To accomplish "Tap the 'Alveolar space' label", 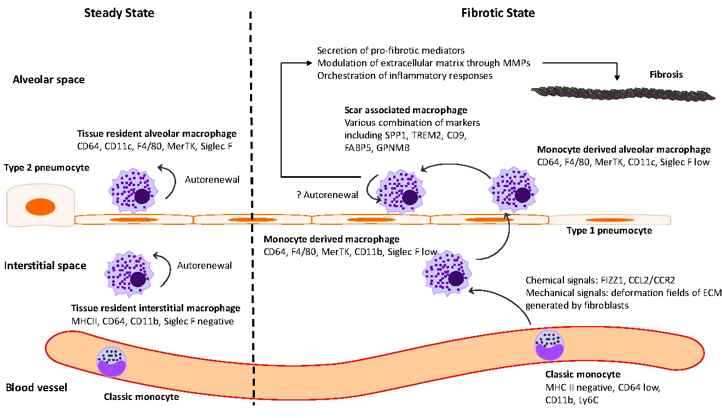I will [x=49, y=80].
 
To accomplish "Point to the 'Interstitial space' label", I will [x=45, y=266].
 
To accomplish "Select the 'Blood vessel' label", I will [x=36, y=388].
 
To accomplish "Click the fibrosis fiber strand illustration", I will [x=624, y=92].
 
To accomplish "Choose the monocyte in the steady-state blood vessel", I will [x=112, y=362].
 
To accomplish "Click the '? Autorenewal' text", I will [x=324, y=195].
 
